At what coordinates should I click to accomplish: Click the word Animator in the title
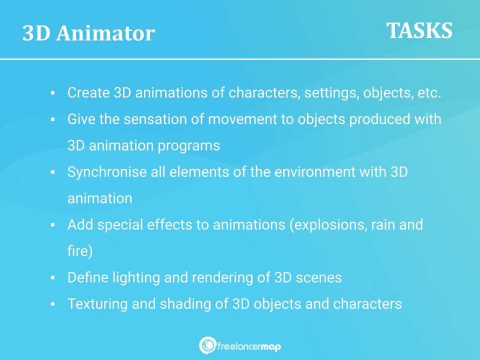pyautogui.click(x=105, y=33)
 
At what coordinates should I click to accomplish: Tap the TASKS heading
pyautogui.click(x=419, y=30)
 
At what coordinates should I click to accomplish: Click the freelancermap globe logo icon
pyautogui.click(x=207, y=345)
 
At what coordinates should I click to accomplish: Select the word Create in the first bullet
pyautogui.click(x=88, y=92)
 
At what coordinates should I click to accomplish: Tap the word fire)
pyautogui.click(x=80, y=251)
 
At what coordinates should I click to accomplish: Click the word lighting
pyautogui.click(x=136, y=277)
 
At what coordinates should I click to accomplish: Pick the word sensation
pyautogui.click(x=155, y=119)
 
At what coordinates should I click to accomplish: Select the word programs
pyautogui.click(x=189, y=145)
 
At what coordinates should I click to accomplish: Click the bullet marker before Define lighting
pyautogui.click(x=52, y=278)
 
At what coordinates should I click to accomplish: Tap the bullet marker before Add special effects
pyautogui.click(x=52, y=225)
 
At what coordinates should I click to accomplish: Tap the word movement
pyautogui.click(x=242, y=119)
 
